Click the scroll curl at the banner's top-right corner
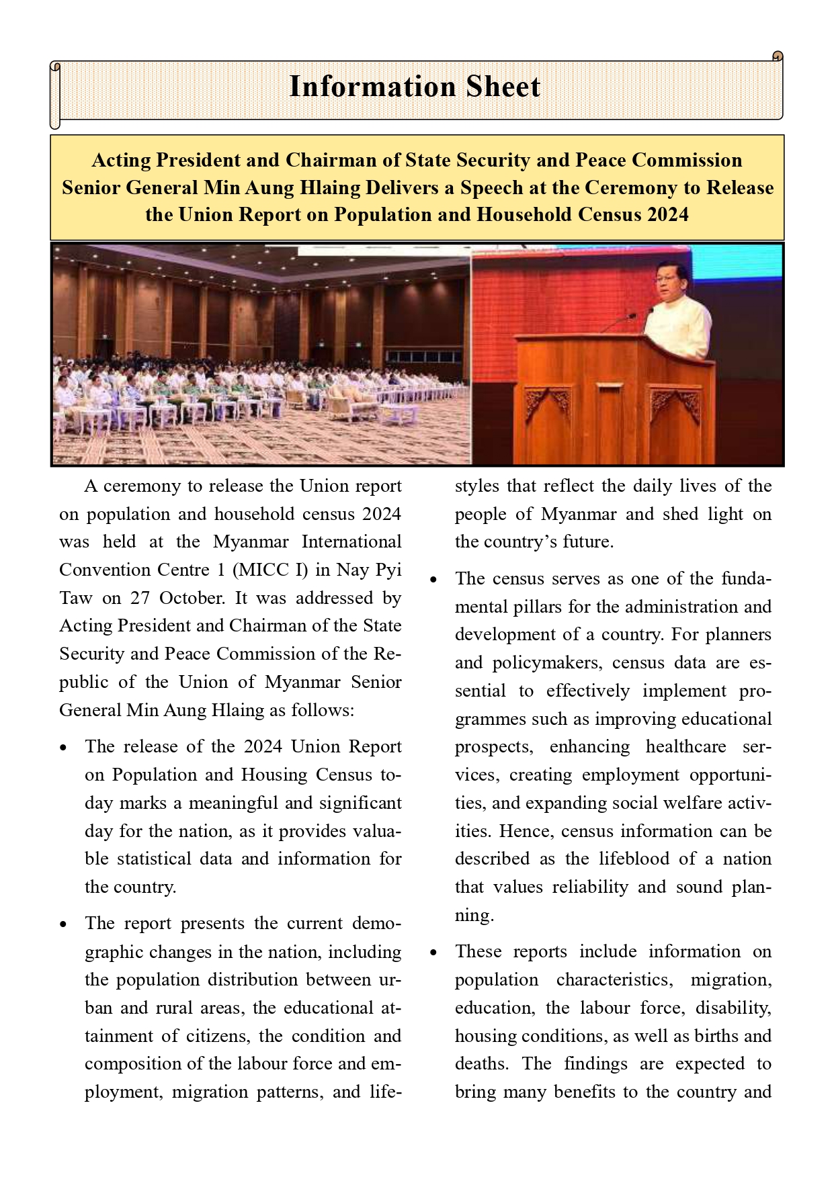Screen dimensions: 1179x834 tap(778, 56)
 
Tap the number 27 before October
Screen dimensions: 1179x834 tap(149, 598)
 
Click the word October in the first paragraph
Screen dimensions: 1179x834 tap(193, 598)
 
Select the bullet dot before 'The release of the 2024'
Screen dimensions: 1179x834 tap(63, 748)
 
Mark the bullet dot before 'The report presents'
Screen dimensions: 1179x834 tap(63, 924)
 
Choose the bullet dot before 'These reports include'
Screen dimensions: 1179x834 tap(433, 953)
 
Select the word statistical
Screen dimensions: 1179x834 tap(154, 859)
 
